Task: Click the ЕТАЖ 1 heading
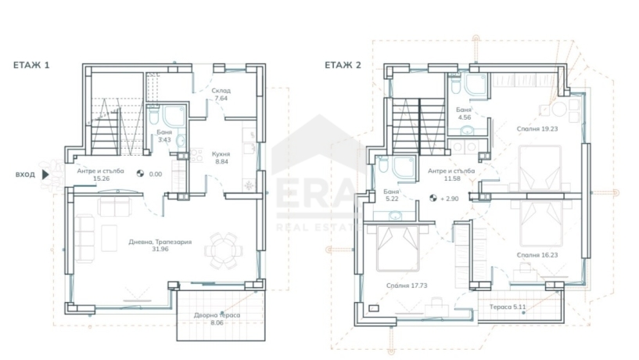[x=31, y=65]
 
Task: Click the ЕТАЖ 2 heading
[x=343, y=65]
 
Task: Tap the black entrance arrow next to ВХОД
[x=45, y=175]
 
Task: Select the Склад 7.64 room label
[x=221, y=94]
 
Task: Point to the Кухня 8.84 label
[x=221, y=158]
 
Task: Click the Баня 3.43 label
[x=164, y=136]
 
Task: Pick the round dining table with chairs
[x=224, y=250]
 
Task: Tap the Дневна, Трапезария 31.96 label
[x=160, y=246]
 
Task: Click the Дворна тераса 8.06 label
[x=217, y=319]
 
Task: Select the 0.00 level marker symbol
[x=140, y=174]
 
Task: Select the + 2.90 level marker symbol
[x=433, y=199]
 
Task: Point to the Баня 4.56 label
[x=464, y=113]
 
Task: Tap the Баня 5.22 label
[x=391, y=195]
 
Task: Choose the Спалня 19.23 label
[x=537, y=129]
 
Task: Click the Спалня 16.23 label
[x=537, y=255]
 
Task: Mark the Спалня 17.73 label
[x=407, y=286]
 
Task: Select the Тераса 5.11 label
[x=508, y=307]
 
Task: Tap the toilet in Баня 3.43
[x=153, y=114]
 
